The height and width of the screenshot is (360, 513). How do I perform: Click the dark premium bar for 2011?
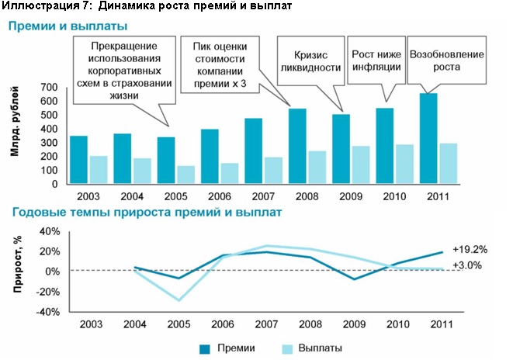coord(428,139)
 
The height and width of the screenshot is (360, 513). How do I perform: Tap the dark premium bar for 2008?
coord(297,147)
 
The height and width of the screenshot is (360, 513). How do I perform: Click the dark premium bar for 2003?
coord(78,160)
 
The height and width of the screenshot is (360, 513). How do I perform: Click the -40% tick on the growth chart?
coord(48,312)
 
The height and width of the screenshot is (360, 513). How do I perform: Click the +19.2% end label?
coord(469,250)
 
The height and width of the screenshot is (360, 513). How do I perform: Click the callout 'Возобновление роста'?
coord(446,61)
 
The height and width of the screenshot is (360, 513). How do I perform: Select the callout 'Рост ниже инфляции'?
coord(376,61)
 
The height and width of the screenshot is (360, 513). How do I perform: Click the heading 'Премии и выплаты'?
coord(57,26)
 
